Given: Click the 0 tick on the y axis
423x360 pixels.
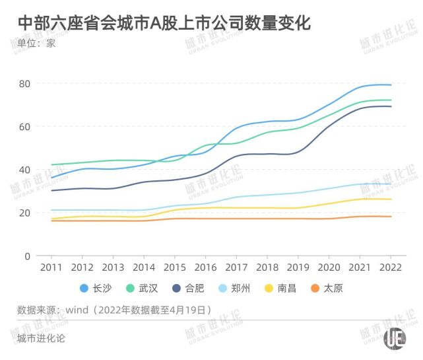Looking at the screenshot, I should pyautogui.click(x=28, y=256).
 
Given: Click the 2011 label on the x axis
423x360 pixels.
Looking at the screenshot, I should pyautogui.click(x=51, y=268).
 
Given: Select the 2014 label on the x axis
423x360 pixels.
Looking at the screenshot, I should pyautogui.click(x=143, y=268).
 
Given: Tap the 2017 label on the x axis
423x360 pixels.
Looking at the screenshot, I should pyautogui.click(x=236, y=268).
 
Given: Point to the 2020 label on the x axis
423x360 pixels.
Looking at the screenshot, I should pyautogui.click(x=329, y=268).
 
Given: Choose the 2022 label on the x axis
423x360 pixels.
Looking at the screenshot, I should pyautogui.click(x=391, y=268).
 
